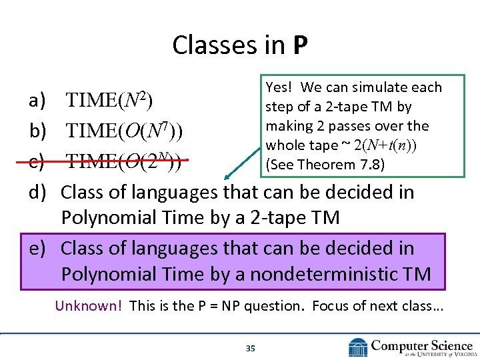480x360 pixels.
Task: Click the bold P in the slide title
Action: tap(299, 45)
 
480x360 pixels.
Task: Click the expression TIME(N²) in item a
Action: tap(109, 101)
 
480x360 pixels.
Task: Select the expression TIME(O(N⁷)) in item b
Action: tap(125, 131)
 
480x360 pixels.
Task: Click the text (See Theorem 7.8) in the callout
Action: tap(325, 164)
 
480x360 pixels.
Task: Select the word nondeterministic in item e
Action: tap(353, 274)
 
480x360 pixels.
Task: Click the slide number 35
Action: tap(251, 348)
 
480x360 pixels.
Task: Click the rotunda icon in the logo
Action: tap(359, 347)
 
